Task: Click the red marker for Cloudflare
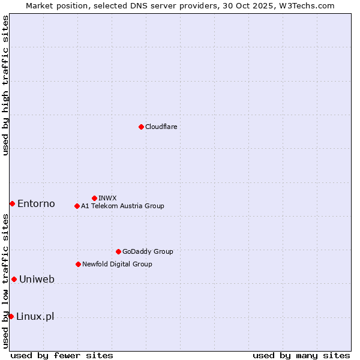click(x=141, y=127)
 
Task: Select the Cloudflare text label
click(x=161, y=127)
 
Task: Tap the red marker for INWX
click(x=94, y=198)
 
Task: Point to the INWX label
click(x=107, y=198)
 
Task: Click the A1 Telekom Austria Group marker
click(x=77, y=206)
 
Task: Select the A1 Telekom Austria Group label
click(x=122, y=206)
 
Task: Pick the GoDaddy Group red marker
click(x=118, y=251)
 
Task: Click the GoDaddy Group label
click(x=148, y=252)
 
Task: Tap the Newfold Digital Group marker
click(x=78, y=264)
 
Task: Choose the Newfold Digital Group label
click(x=117, y=264)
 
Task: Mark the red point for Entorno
click(x=12, y=204)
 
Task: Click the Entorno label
click(x=36, y=204)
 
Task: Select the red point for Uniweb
click(x=14, y=279)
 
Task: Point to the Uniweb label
click(x=37, y=280)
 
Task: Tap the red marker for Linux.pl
click(x=11, y=316)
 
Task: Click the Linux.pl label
click(x=35, y=317)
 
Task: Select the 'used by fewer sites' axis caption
click(x=62, y=355)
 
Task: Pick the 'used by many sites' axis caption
click(x=301, y=355)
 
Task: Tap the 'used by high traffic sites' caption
click(x=5, y=85)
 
